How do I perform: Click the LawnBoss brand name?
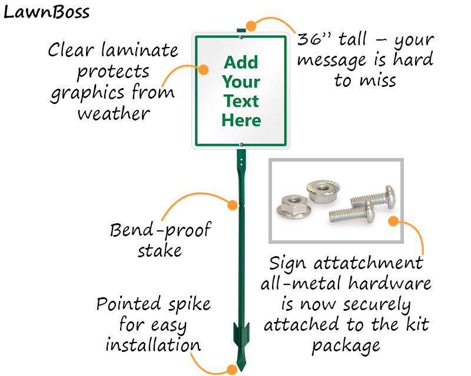(47, 12)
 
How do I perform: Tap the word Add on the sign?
(241, 62)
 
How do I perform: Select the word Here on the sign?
(241, 121)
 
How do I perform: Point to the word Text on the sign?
(241, 101)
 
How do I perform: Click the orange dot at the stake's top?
(251, 25)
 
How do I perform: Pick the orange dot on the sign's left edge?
(203, 69)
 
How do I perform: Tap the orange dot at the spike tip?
(232, 369)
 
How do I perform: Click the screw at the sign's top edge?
(241, 37)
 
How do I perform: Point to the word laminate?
(137, 51)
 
